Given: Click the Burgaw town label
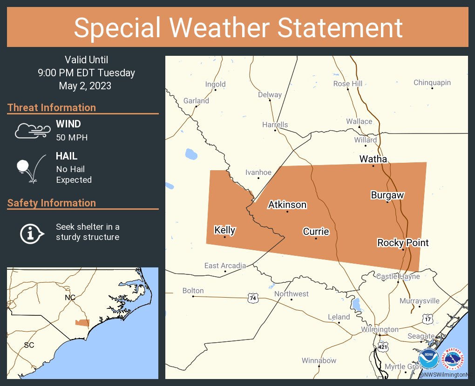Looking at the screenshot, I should [387, 195].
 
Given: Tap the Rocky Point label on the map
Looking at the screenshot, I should [403, 243].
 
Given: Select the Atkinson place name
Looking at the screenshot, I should [287, 205].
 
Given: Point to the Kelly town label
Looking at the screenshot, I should [224, 230].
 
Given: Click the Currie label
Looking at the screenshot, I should [316, 232].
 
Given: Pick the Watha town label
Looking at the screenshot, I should [373, 159].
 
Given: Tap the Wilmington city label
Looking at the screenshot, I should [380, 329].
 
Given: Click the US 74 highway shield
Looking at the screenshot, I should [253, 299].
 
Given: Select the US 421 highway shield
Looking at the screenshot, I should [383, 347].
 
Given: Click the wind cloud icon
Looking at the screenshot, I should [32, 131].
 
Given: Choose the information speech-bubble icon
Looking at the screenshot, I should [31, 233].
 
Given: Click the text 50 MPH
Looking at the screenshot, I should [72, 137].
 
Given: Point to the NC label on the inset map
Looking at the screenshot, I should [70, 297].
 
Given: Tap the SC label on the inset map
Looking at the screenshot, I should [29, 345].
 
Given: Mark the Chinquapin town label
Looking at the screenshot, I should [432, 83].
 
